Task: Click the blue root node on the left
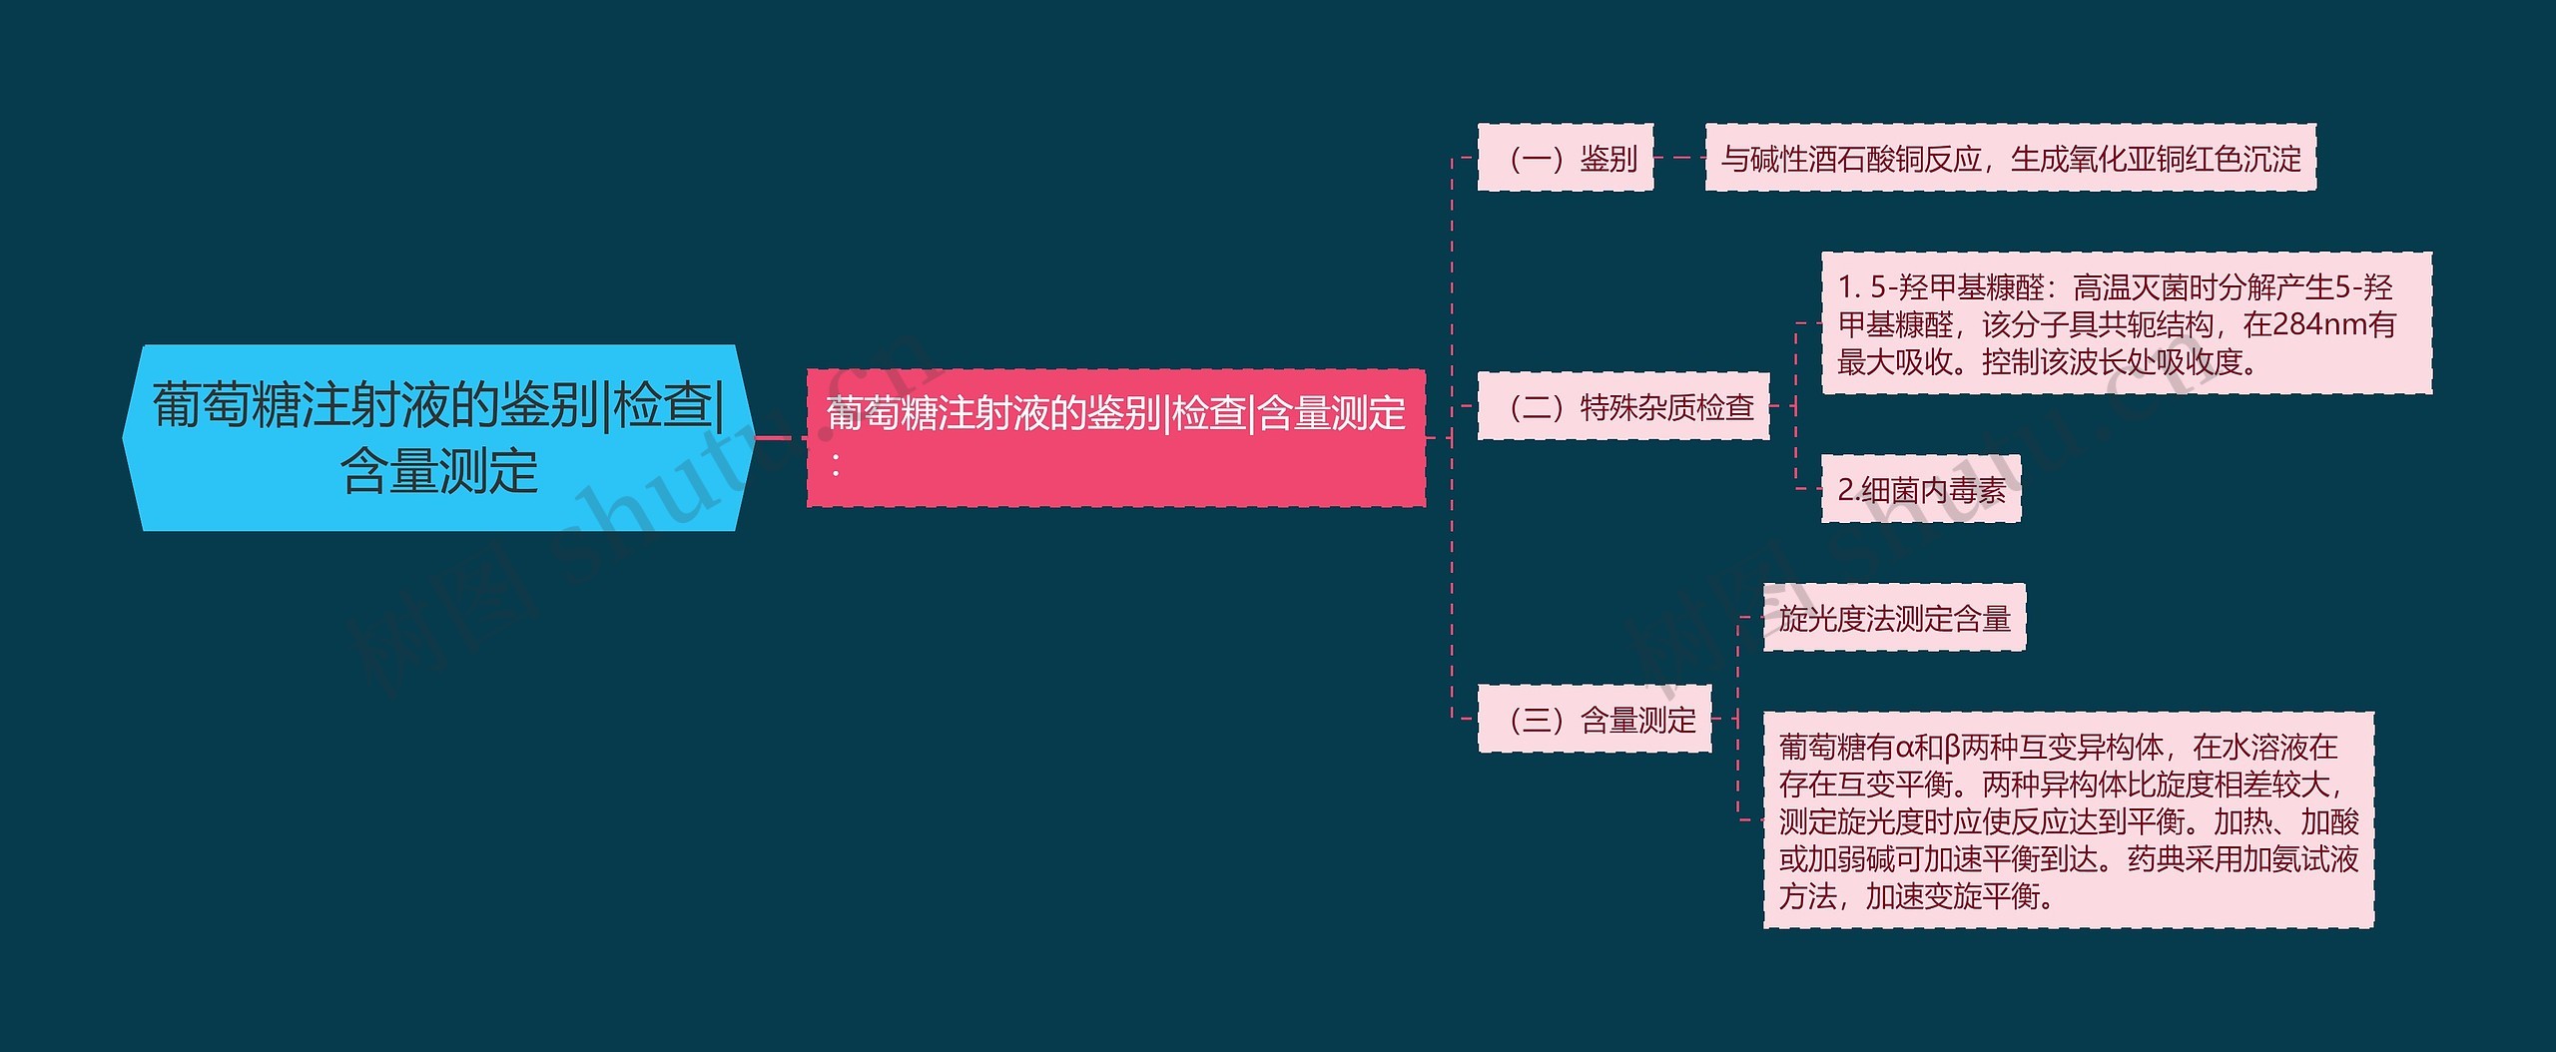[x=437, y=437]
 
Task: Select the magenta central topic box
[x=1115, y=437]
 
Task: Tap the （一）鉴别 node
[x=1565, y=158]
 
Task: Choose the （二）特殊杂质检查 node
[x=1622, y=406]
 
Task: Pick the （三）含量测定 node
[x=1594, y=719]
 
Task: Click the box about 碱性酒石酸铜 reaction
[x=2010, y=158]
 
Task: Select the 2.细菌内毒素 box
[x=1920, y=489]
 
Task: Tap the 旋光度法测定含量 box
[x=1893, y=619]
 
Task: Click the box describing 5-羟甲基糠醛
[x=2126, y=323]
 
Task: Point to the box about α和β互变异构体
[x=2068, y=820]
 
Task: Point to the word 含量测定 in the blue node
[x=439, y=471]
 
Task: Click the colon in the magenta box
[x=836, y=464]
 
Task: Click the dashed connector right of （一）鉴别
[x=1679, y=158]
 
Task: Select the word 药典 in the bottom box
[x=2155, y=859]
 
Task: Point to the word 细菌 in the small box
[x=1890, y=490]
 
